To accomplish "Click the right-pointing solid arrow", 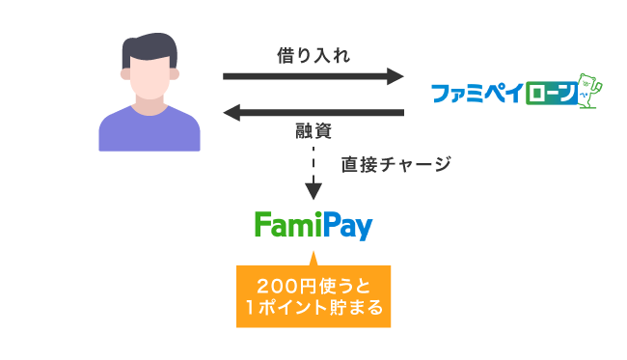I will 309,75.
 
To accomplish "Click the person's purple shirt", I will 150,130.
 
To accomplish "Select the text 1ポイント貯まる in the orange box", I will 313,309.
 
